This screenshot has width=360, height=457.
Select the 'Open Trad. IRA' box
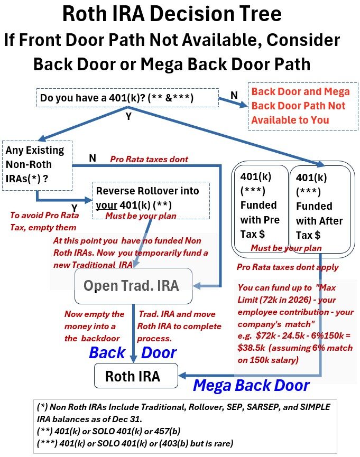[x=133, y=286]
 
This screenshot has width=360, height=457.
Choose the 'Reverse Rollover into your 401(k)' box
[x=151, y=197]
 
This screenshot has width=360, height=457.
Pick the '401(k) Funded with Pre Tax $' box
[x=260, y=204]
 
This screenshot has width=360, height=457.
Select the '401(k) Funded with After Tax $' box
[x=319, y=204]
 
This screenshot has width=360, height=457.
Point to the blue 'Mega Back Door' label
[x=251, y=385]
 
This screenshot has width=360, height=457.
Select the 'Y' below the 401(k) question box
[x=128, y=116]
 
